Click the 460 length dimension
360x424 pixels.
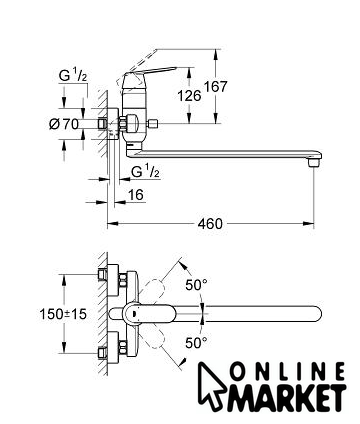210,224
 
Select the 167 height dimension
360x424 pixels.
216,87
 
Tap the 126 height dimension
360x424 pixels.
189,96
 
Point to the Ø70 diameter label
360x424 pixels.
64,124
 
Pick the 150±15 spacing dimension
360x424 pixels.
63,314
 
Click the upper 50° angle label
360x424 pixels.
196,285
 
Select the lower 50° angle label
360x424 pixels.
196,342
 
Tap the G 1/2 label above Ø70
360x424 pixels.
73,76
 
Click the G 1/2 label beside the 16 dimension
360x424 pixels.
145,172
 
